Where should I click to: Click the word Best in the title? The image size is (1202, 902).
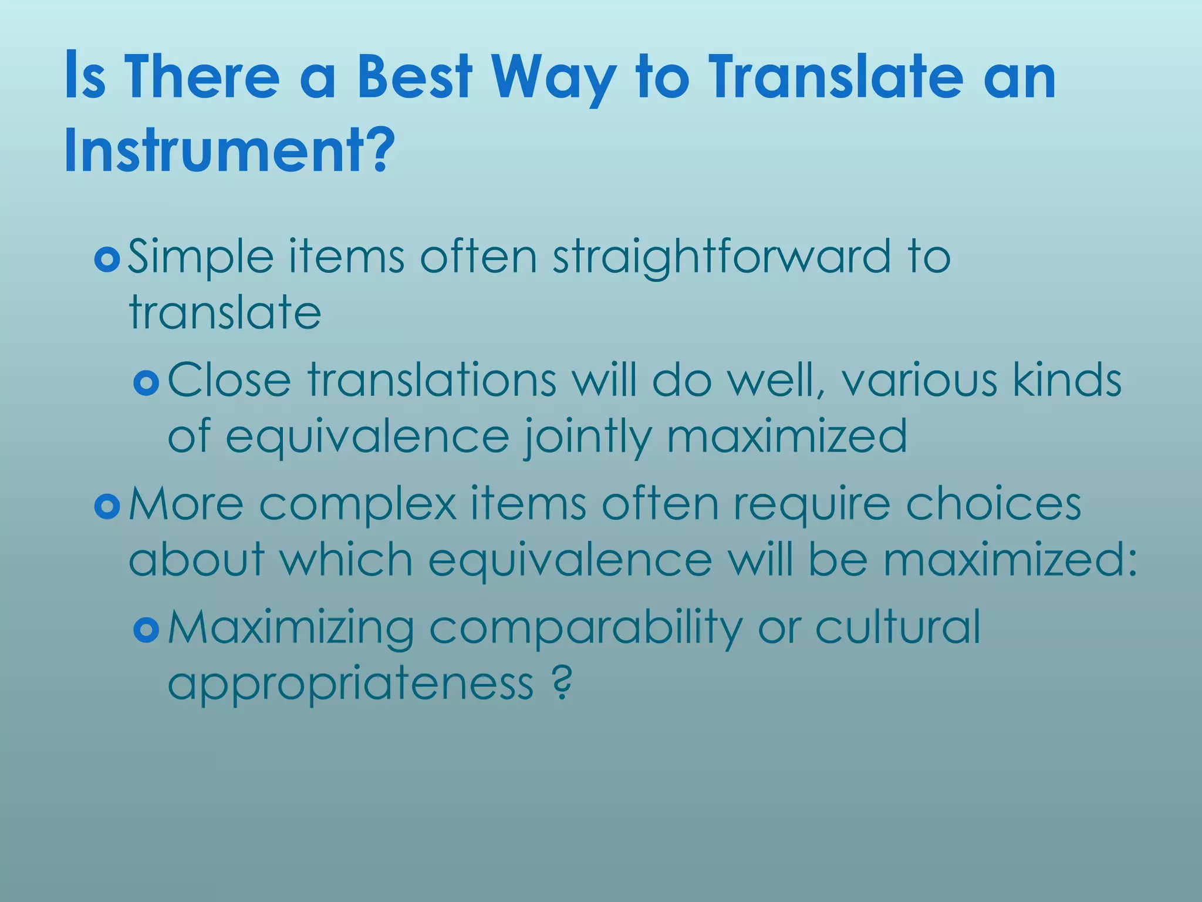(414, 76)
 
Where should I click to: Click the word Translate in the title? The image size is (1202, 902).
(836, 76)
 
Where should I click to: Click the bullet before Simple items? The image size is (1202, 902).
(107, 259)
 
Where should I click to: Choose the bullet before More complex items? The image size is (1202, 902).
(107, 506)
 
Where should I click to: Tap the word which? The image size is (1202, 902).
(346, 560)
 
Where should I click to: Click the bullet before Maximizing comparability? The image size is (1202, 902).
(146, 631)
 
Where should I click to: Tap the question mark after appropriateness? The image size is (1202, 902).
(562, 682)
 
